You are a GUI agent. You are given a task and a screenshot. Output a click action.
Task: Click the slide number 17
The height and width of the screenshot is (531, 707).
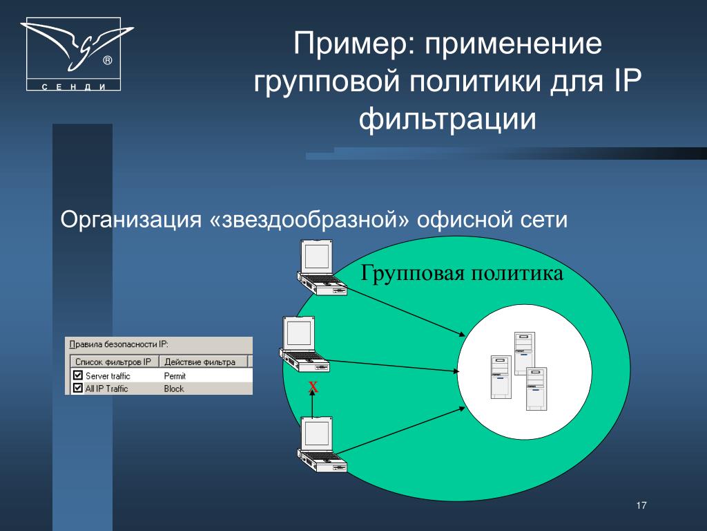(641, 505)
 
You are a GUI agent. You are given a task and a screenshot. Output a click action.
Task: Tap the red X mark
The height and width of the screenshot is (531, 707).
(313, 387)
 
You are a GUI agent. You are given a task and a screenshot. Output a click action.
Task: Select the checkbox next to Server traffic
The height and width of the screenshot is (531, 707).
(77, 375)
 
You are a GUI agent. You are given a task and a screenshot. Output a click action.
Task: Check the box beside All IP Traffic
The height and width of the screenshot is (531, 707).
(77, 388)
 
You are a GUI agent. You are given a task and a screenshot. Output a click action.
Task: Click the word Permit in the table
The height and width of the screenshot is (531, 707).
(175, 375)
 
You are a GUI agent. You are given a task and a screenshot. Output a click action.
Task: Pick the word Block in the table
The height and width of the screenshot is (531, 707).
(173, 389)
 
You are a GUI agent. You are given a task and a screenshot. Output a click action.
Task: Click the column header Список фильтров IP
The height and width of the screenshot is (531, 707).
(113, 362)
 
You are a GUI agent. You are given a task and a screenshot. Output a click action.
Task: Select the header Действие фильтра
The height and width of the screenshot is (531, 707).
(200, 362)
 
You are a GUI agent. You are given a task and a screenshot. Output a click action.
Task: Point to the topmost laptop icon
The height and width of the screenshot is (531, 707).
(322, 268)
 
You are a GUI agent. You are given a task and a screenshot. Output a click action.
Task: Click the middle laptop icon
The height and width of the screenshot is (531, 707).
(304, 344)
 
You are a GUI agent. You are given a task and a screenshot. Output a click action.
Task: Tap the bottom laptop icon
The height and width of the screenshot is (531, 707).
(322, 445)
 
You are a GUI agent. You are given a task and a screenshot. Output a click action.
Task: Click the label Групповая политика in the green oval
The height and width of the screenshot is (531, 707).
(462, 274)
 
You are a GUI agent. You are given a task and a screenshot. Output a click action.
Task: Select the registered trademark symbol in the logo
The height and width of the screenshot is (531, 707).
(107, 61)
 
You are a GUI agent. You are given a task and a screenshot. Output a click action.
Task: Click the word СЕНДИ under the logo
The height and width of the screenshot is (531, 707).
(74, 86)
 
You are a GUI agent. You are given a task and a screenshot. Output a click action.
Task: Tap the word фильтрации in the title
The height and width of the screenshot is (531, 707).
(447, 119)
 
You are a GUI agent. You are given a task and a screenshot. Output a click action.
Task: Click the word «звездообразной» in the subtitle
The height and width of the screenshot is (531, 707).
(310, 219)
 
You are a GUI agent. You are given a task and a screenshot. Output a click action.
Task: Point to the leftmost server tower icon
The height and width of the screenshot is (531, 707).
(501, 377)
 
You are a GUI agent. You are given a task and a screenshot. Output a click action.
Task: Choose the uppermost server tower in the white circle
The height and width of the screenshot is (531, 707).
(525, 353)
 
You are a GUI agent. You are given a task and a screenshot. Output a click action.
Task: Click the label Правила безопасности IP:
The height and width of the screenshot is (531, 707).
(119, 344)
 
